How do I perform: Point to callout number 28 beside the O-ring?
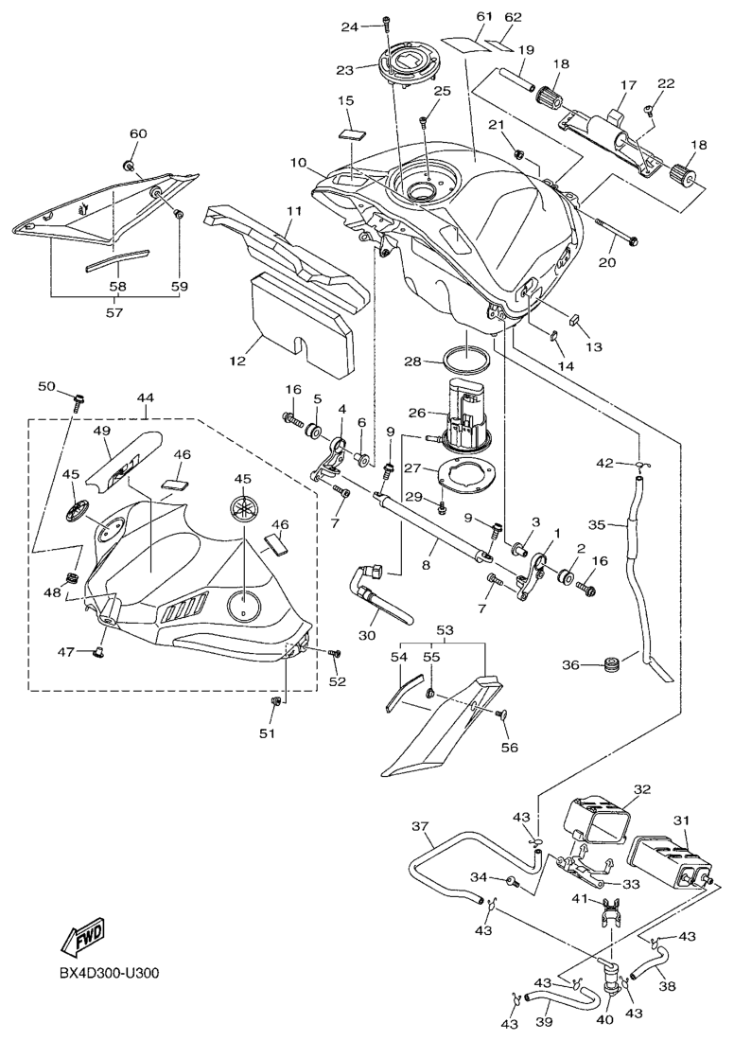click(x=413, y=361)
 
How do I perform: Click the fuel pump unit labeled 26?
click(x=465, y=416)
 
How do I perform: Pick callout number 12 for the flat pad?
click(x=236, y=361)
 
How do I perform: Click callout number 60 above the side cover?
click(x=137, y=134)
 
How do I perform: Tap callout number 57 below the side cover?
click(x=116, y=309)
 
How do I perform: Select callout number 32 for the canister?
click(x=642, y=788)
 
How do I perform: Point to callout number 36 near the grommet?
click(x=570, y=664)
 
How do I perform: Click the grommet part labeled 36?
click(x=611, y=662)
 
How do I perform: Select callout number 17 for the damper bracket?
click(x=624, y=85)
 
